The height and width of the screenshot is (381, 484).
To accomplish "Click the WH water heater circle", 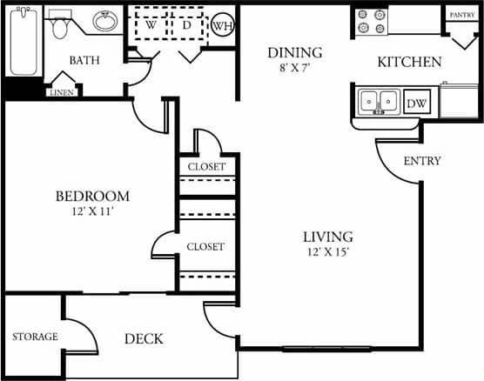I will point(223,25).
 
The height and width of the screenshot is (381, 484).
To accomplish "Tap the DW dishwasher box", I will point(417,103).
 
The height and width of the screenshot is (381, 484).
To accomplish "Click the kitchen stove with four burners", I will point(371,21).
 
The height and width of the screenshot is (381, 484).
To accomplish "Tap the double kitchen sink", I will point(380,102).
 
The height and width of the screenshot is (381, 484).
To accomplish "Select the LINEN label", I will point(62,92).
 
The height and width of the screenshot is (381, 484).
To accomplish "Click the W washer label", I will point(151,24).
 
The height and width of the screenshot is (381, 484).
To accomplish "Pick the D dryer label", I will point(187,24).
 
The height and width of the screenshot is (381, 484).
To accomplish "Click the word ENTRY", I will point(423,161).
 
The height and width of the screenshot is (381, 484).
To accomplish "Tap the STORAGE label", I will point(35,337).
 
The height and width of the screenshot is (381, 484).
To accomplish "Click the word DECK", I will point(143,338).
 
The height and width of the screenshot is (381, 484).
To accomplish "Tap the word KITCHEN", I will point(409,62).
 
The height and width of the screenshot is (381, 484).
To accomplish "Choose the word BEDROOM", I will point(91,197).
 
